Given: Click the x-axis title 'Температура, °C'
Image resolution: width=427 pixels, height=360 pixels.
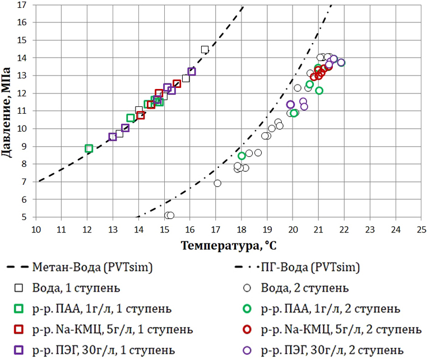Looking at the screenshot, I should click(x=228, y=245).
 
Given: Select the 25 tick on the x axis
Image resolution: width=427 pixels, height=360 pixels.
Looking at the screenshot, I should click(x=421, y=230).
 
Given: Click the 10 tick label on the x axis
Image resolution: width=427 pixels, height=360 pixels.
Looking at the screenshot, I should click(x=35, y=230).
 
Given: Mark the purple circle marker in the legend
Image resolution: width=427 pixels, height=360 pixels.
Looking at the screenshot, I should click(x=247, y=349).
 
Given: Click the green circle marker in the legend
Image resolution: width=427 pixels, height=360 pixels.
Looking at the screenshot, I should click(x=247, y=308).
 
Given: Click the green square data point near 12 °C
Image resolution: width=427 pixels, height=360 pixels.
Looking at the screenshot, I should click(x=89, y=148).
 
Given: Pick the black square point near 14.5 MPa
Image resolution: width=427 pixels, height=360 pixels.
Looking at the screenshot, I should click(x=205, y=49).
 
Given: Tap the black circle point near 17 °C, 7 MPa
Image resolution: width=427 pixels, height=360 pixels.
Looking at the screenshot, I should click(x=217, y=183).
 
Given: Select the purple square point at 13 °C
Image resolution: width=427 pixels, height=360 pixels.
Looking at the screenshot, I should click(x=113, y=137).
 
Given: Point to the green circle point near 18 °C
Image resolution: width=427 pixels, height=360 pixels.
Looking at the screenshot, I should click(x=242, y=156).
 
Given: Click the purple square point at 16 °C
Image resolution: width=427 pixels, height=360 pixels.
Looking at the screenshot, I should click(x=192, y=71).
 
